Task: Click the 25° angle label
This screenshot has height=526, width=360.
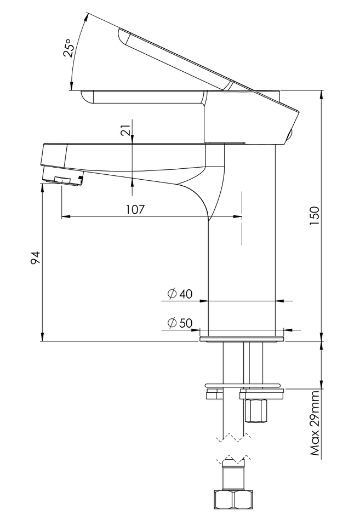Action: [x=68, y=48]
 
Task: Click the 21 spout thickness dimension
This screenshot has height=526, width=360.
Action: [x=125, y=130]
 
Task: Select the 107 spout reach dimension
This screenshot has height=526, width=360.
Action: [x=135, y=209]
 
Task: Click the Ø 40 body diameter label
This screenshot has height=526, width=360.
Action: [x=180, y=294]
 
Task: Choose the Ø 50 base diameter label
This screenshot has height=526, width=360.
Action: [x=180, y=323]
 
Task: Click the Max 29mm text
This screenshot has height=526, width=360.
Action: [x=315, y=423]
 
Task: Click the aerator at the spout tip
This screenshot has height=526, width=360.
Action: [x=64, y=176]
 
